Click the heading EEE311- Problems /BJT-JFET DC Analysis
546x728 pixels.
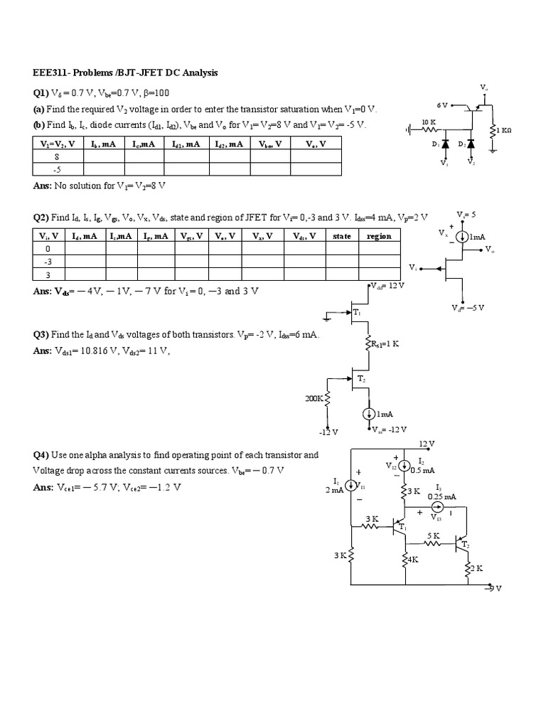(x=124, y=73)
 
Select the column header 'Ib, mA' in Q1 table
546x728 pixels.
(x=103, y=144)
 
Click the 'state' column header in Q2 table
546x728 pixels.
(x=342, y=236)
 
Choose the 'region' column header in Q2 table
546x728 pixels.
(x=379, y=236)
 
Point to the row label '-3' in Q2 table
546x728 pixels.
(x=48, y=262)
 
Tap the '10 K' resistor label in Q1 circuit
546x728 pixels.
(x=429, y=122)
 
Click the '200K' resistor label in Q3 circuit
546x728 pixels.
(x=314, y=400)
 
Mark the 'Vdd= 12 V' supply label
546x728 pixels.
(x=387, y=286)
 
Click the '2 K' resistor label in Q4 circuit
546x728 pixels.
(x=475, y=568)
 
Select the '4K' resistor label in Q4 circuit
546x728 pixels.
(x=412, y=560)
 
